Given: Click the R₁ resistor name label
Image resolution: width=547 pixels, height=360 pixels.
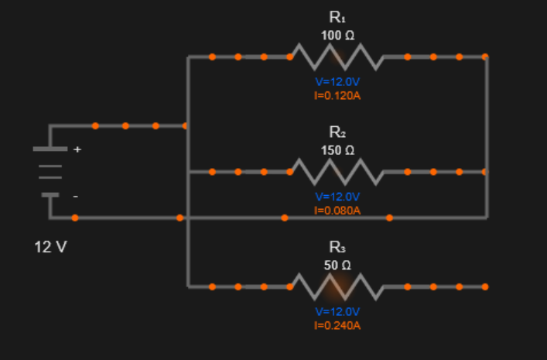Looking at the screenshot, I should coord(337,17).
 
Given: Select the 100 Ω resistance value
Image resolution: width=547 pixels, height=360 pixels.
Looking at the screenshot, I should coord(337,36).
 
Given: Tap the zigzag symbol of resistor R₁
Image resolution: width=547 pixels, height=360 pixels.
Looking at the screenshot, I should coord(337,57).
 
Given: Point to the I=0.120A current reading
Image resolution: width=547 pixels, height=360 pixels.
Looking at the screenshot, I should coord(337,96).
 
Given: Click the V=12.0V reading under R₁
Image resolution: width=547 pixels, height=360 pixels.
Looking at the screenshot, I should coord(337,82).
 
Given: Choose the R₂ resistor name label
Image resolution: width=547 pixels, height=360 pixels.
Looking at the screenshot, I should coord(337,132).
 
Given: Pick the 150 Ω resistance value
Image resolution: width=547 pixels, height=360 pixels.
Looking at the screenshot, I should coord(337,150).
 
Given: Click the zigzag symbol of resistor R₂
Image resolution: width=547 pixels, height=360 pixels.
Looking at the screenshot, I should coord(337,171).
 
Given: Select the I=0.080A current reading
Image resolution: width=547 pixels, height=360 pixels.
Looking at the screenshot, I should coord(337,210).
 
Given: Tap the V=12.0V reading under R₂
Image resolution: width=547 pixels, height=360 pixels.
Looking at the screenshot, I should coord(337,197).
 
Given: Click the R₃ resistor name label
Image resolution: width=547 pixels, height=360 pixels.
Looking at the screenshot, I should coord(337,247).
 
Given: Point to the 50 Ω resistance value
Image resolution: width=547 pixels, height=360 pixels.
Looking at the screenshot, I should coord(337,266).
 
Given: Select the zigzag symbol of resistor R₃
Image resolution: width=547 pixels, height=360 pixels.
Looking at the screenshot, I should coord(337,286).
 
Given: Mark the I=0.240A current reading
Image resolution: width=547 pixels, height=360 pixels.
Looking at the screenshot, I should coord(337,325).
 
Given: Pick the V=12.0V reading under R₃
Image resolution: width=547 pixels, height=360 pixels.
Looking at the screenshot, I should coord(337,311).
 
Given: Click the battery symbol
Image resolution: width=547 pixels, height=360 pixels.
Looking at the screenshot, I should coord(50,171).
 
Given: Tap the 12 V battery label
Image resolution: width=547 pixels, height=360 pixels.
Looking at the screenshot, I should coord(50,248).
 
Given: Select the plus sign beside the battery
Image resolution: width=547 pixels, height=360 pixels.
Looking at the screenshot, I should coord(76,149).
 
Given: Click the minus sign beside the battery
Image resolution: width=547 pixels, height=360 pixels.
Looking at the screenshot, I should coord(75,197).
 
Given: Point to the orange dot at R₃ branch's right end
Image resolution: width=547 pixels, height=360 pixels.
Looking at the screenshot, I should coord(485,286).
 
